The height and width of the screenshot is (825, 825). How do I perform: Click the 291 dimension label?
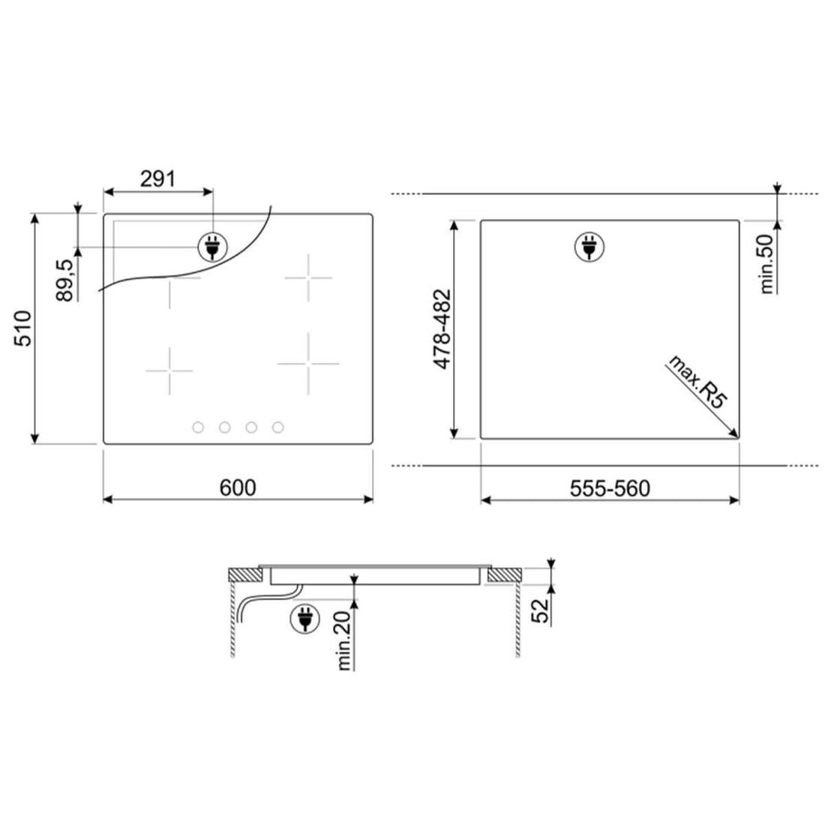click(x=157, y=178)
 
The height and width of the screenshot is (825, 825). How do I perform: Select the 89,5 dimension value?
click(x=66, y=279)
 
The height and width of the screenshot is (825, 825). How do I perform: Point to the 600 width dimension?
click(x=238, y=487)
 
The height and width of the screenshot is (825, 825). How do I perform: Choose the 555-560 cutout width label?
click(x=610, y=489)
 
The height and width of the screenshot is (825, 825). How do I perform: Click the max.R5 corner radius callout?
click(x=697, y=383)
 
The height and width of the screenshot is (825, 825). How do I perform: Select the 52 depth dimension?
click(x=541, y=610)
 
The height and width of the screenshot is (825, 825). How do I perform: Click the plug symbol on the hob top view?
click(x=211, y=246)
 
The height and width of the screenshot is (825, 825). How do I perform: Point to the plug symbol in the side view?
click(x=304, y=619)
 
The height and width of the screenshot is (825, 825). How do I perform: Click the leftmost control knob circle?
click(x=198, y=427)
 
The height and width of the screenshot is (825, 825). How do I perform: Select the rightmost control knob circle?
click(x=278, y=427)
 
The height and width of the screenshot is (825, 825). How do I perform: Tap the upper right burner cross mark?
click(x=307, y=277)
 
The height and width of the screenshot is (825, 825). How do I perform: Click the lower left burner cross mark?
click(x=169, y=370)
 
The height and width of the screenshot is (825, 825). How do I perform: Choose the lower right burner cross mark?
click(x=307, y=364)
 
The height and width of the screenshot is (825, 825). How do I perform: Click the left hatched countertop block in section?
click(x=244, y=576)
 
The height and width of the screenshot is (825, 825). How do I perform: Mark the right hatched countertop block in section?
click(x=503, y=576)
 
